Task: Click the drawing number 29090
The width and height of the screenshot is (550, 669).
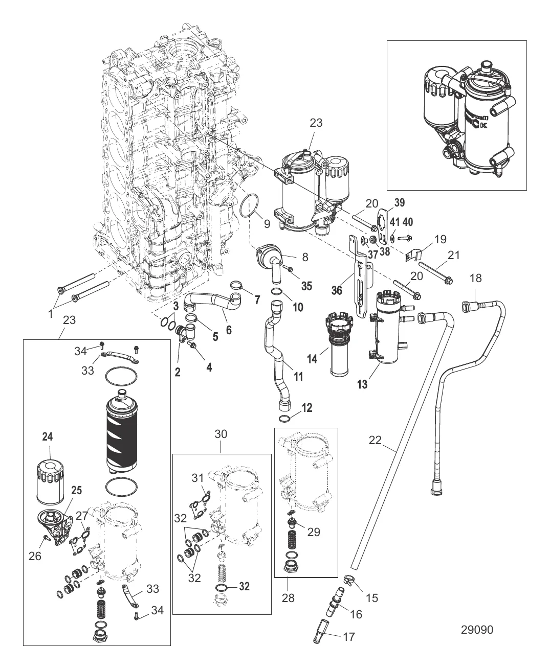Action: tap(477, 630)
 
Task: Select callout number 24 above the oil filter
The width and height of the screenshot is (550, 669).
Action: tap(48, 437)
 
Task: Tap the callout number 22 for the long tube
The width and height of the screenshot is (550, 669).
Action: tap(375, 440)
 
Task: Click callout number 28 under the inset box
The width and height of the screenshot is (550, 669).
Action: tap(288, 597)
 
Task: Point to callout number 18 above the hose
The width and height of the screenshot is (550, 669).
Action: tap(476, 278)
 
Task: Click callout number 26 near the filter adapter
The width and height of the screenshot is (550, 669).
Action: tap(35, 556)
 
